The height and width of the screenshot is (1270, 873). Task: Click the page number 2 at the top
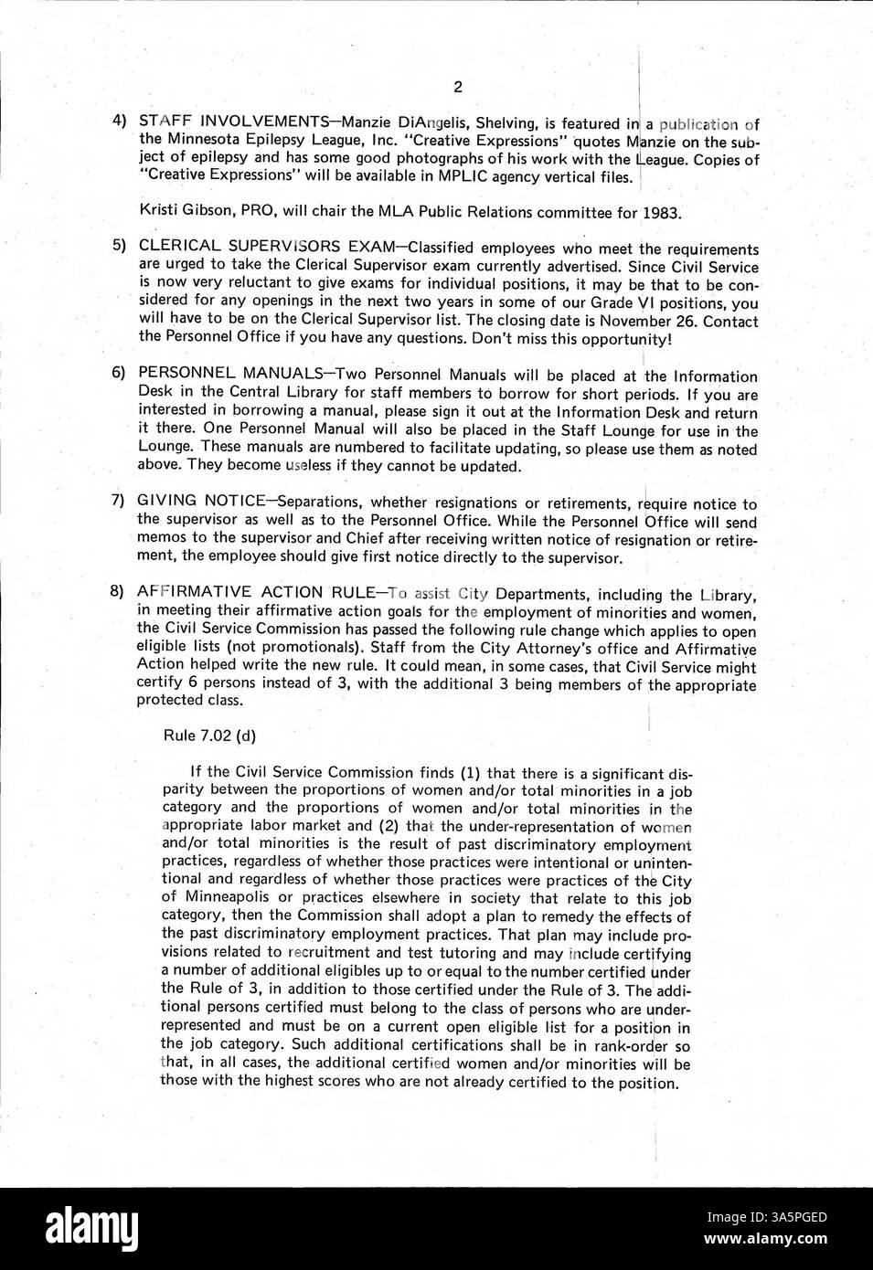point(457,88)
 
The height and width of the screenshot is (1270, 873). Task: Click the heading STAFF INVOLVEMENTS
point(232,122)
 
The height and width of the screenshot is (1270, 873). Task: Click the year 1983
point(661,213)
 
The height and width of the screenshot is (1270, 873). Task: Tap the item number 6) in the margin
point(118,374)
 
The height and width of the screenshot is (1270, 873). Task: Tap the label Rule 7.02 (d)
point(208,736)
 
